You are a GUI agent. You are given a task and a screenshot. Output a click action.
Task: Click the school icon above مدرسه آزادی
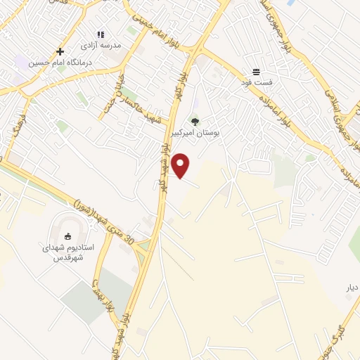[101, 34]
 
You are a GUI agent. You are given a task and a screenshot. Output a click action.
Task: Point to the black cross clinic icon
[60, 51]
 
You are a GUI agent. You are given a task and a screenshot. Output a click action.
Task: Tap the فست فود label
[256, 83]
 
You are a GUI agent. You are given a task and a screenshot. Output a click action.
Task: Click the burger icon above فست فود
[256, 72]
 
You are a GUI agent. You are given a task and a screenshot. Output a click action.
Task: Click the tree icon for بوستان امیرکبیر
[195, 122]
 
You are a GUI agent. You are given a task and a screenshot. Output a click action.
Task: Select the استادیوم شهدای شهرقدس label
[69, 252]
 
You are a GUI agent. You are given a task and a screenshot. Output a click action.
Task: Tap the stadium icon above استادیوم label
[69, 237]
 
